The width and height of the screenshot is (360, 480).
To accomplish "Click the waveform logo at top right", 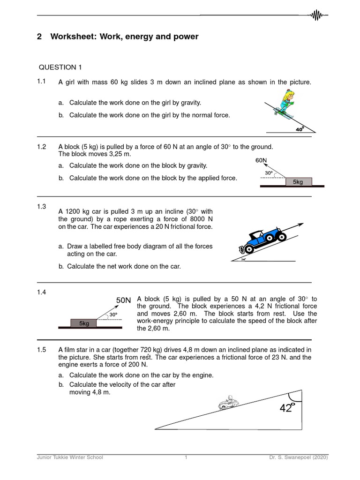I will tap(317, 15).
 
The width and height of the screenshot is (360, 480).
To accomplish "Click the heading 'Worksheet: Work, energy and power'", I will tap(124, 37).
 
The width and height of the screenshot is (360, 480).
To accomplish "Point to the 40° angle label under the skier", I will tap(300, 128).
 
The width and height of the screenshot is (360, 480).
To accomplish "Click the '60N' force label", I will tap(261, 160).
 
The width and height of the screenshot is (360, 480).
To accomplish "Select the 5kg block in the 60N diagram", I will tap(298, 181).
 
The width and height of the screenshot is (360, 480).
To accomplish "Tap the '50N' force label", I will tap(124, 300).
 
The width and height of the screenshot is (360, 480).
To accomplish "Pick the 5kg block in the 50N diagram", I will tap(83, 323).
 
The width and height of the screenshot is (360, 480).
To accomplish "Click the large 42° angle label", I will tap(287, 408).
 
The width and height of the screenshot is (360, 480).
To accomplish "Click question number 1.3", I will tap(42, 207).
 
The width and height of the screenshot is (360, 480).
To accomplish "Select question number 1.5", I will tap(42, 349).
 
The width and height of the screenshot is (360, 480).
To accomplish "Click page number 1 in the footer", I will tap(186, 457).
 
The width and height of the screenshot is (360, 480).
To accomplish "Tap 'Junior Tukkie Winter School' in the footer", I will tap(70, 457).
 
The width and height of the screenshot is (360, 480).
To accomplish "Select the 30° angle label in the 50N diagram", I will tap(113, 315).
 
